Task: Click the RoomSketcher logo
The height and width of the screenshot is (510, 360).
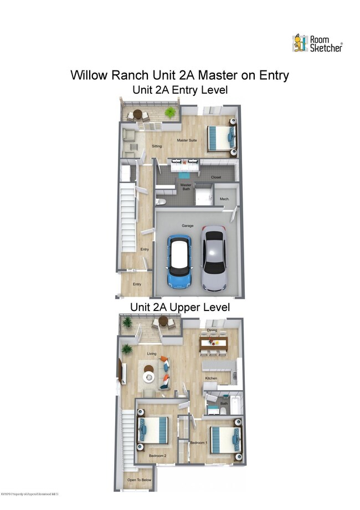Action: coord(317,43)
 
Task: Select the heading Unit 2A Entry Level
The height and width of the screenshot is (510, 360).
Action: coord(179,89)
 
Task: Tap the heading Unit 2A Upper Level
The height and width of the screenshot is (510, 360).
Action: coord(179,307)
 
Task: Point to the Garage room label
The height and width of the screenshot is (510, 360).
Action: coord(187,226)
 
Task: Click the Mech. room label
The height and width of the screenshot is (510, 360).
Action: coord(224,199)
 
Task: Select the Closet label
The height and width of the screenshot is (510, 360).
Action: coord(215,177)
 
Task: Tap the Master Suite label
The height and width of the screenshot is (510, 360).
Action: coord(187,140)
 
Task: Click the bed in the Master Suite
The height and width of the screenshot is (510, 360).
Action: coord(220,137)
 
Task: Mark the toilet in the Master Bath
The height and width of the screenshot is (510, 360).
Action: coord(158,201)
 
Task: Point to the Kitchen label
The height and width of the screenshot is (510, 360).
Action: coord(211,378)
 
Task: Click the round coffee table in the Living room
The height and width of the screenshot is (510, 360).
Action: coord(150,376)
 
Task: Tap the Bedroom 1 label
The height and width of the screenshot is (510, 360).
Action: coord(198,442)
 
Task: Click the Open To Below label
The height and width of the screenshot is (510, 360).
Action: coord(139,480)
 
